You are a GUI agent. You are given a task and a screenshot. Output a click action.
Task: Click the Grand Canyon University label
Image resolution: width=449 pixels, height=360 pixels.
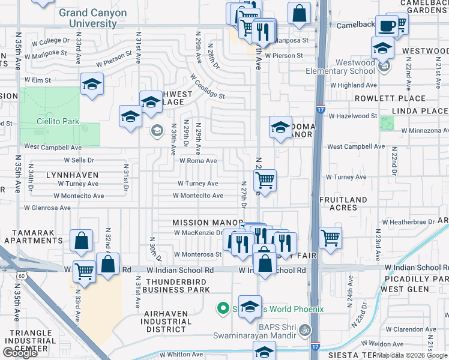93,18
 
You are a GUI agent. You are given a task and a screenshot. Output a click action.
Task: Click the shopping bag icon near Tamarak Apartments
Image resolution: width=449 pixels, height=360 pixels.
80,241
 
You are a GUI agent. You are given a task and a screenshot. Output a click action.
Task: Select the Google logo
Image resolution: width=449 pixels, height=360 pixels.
20,353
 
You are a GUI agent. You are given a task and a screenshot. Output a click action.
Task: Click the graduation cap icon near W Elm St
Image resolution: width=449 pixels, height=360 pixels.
92,85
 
